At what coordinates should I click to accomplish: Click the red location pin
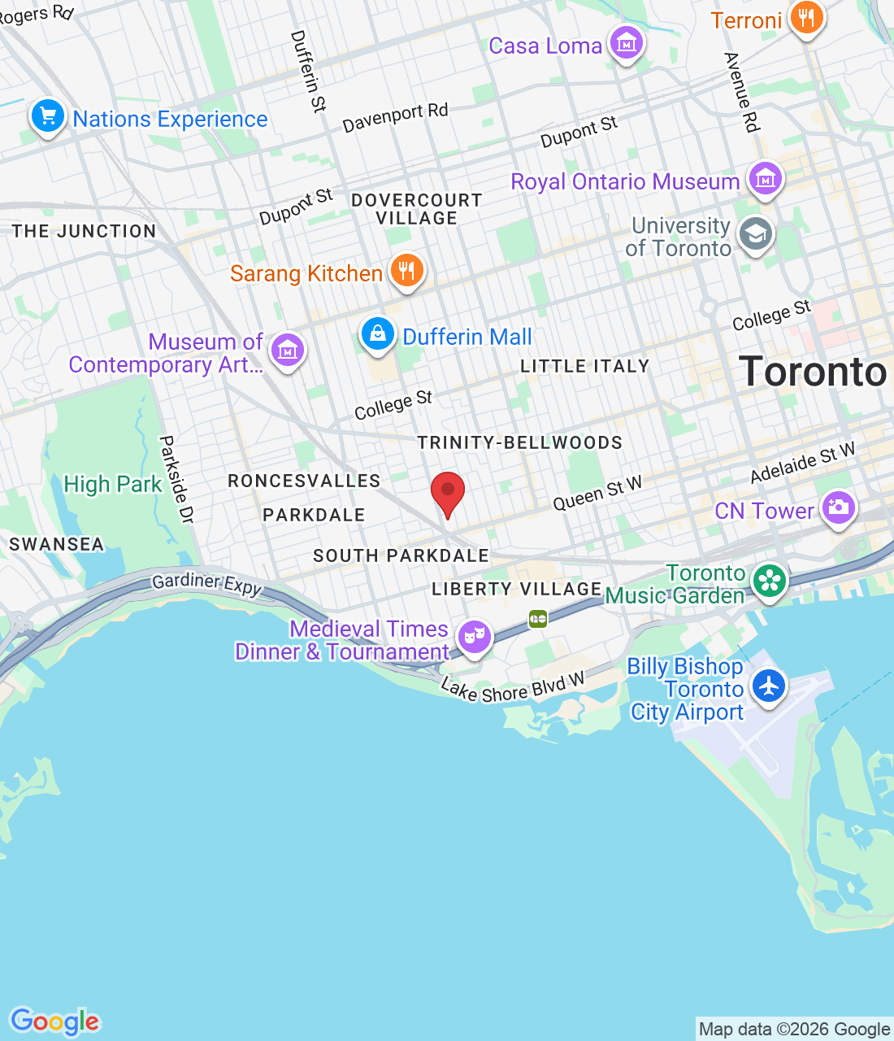[x=447, y=493]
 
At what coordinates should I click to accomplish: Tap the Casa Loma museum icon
[x=627, y=43]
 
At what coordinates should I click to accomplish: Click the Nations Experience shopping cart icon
[x=48, y=116]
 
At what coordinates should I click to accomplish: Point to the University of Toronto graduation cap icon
[x=756, y=235]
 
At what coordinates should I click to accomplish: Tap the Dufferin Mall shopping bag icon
[x=378, y=334]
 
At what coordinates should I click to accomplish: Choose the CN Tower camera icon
[x=838, y=508]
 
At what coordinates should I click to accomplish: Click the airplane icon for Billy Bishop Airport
[x=768, y=686]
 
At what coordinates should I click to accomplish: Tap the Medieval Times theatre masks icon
[x=475, y=635]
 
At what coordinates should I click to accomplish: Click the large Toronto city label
[x=813, y=372]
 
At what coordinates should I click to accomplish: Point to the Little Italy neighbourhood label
[x=585, y=367]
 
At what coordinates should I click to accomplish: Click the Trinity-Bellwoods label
[x=520, y=443]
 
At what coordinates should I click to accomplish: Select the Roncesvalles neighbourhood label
[x=304, y=481]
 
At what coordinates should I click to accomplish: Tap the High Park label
[x=113, y=485]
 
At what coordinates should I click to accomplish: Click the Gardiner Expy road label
[x=207, y=584]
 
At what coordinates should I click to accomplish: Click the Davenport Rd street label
[x=395, y=118]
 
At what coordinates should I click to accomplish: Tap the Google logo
[x=55, y=1021]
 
